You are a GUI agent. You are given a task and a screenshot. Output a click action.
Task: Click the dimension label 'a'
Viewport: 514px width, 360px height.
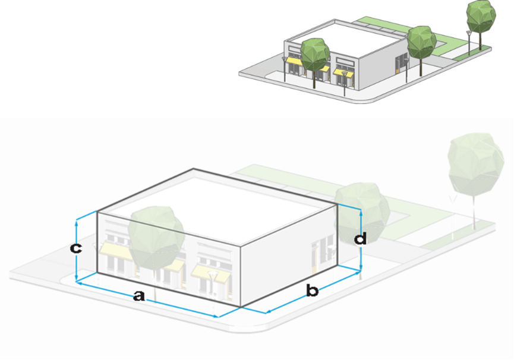(138, 295)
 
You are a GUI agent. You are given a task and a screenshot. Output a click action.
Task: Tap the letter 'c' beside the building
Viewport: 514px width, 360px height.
(75, 248)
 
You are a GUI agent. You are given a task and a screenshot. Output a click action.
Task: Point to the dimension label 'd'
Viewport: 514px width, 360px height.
(360, 239)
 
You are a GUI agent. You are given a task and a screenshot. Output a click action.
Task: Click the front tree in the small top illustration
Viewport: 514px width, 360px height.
(314, 54)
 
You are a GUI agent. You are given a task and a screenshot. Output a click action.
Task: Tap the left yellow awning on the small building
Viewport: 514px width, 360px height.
(294, 61)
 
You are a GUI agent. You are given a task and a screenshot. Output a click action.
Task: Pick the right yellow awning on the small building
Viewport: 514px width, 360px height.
(343, 72)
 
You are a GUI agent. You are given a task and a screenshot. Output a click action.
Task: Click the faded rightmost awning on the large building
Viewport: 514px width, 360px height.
(211, 273)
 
